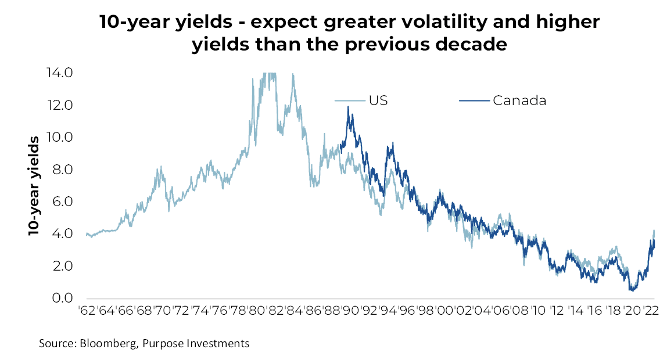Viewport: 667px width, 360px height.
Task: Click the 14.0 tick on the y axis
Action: tap(59, 73)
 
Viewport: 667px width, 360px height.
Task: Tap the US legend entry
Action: tap(378, 100)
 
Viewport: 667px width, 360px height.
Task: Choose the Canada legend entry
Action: tap(519, 100)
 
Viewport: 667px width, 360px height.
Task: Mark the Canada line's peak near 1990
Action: tap(348, 107)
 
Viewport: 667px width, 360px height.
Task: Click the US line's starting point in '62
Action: tap(86, 234)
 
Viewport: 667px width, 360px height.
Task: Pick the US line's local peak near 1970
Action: tap(160, 167)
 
